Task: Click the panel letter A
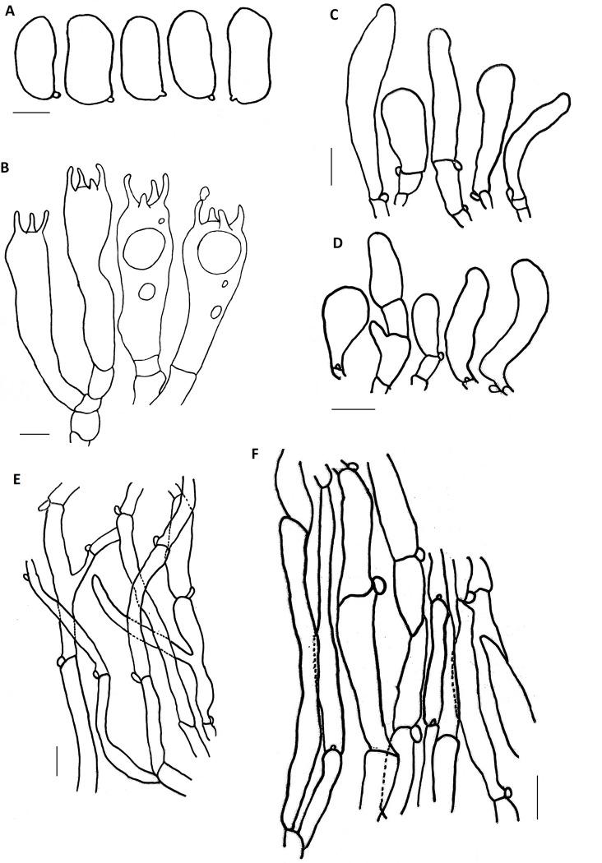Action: pyautogui.click(x=9, y=11)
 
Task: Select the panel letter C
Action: pyautogui.click(x=334, y=15)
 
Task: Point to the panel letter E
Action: pyautogui.click(x=17, y=479)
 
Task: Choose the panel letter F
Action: pyautogui.click(x=255, y=454)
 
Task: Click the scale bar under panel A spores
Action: pyautogui.click(x=31, y=113)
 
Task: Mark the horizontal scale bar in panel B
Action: pyautogui.click(x=35, y=434)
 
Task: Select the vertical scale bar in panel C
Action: pyautogui.click(x=331, y=166)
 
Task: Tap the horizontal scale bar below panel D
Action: pyautogui.click(x=354, y=409)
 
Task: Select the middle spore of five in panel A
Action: pyautogui.click(x=141, y=58)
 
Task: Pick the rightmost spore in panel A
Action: pyautogui.click(x=250, y=56)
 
